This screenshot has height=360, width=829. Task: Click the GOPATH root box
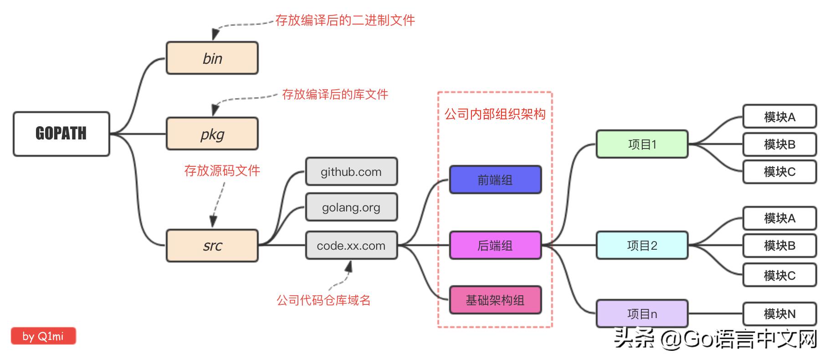(x=61, y=134)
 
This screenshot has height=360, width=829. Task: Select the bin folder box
(x=212, y=58)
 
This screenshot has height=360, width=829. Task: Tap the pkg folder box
(x=212, y=134)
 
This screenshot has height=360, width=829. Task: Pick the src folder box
(x=212, y=246)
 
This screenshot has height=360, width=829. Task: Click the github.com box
(x=351, y=172)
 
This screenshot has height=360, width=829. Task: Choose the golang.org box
(x=351, y=207)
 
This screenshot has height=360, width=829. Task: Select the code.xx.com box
(x=351, y=246)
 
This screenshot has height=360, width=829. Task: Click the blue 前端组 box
(x=495, y=180)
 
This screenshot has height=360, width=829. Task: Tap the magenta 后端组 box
(x=495, y=246)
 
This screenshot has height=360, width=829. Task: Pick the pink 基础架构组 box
(x=495, y=300)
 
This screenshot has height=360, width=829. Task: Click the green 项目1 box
(x=642, y=144)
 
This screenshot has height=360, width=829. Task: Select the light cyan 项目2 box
(x=642, y=246)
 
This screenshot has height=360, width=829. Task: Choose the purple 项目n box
(x=642, y=314)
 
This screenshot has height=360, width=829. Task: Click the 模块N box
(x=779, y=314)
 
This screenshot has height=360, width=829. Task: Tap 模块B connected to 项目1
(x=779, y=144)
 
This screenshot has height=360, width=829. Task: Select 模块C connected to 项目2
(x=779, y=275)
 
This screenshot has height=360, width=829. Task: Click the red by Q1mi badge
(x=43, y=336)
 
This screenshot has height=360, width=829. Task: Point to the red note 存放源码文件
(x=222, y=170)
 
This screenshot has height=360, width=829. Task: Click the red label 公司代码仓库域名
(x=323, y=300)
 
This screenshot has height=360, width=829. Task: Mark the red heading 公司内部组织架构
(x=495, y=114)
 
